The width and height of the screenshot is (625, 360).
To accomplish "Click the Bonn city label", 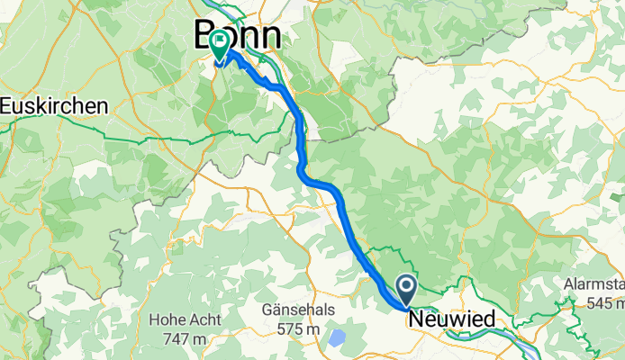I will [237, 36].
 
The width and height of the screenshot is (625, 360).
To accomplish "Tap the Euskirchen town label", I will [54, 105].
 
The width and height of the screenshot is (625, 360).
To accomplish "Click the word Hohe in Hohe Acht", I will [168, 319].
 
